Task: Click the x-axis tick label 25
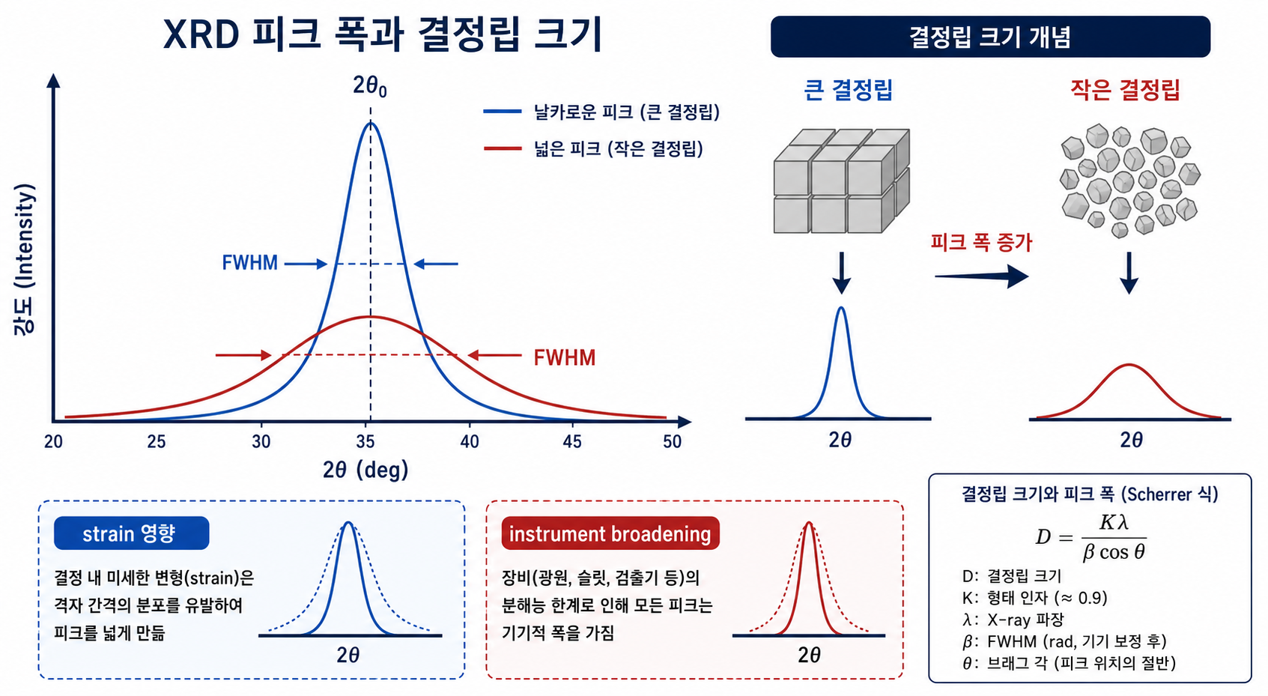point(157,442)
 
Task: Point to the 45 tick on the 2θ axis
point(572,442)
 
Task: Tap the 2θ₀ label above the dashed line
point(370,86)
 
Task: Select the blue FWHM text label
point(249,263)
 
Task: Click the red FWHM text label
point(565,358)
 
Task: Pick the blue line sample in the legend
point(502,112)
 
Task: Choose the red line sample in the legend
point(503,149)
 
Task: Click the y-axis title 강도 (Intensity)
point(24,259)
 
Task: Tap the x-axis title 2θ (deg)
point(365,470)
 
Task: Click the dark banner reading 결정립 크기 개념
point(991,37)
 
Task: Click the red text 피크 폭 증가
point(982,243)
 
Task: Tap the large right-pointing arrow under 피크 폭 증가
point(982,277)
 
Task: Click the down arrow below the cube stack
point(842,273)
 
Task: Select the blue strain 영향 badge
point(131,533)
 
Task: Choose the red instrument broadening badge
point(610,533)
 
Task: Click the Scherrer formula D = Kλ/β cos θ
point(1090,537)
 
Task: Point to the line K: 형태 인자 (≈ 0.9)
point(1035,598)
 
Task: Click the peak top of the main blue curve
point(371,123)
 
